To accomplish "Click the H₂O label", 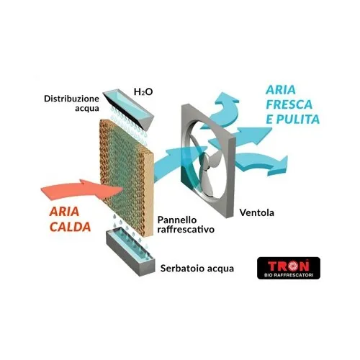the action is point(143,91).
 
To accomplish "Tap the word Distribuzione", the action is point(71,99).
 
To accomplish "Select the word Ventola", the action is point(257,212).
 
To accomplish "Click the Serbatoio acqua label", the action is point(197,269).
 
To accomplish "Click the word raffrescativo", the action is point(186,229).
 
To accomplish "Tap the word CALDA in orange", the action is point(71,227).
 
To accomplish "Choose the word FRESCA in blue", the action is point(289,104).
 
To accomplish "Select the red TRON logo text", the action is point(288,266).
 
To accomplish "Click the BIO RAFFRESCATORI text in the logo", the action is point(289,275).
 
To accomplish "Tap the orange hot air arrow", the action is point(81,189).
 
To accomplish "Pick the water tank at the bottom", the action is point(130,251).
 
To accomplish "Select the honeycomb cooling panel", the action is point(127,178).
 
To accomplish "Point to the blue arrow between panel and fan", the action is point(179,161).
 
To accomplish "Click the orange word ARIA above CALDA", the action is point(64,212).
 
